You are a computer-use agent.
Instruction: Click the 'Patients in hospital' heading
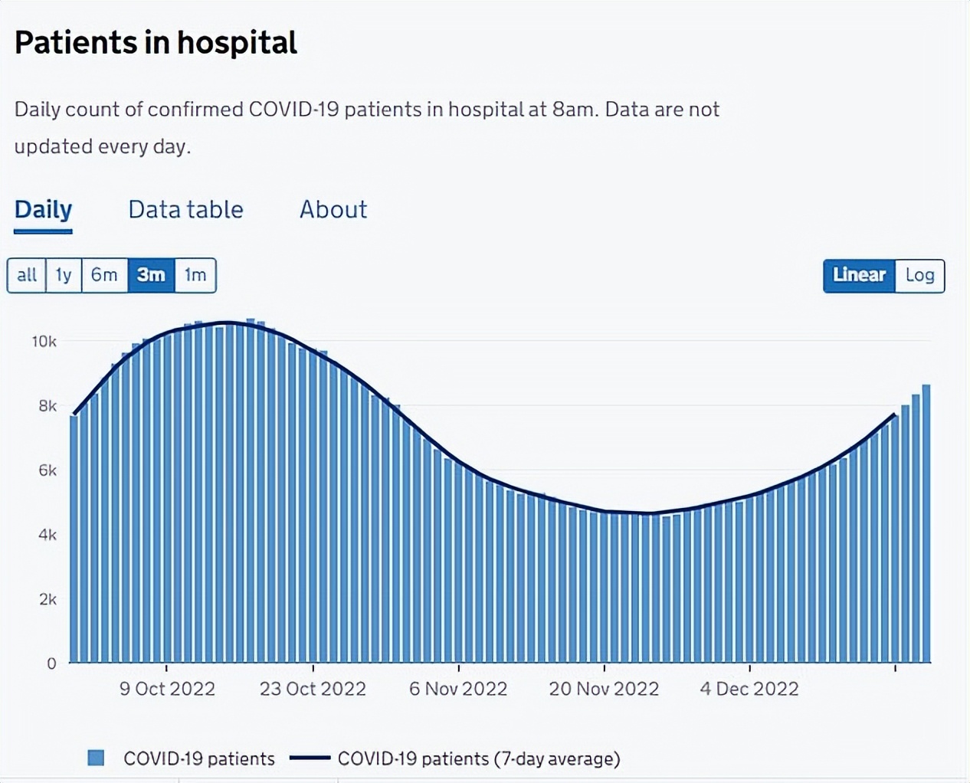(x=156, y=43)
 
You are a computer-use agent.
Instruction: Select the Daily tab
(x=43, y=209)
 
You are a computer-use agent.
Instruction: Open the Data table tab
(x=185, y=209)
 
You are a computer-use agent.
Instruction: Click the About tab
(x=333, y=209)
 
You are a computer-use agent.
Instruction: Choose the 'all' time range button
(x=27, y=275)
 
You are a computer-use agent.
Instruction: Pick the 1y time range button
(x=64, y=275)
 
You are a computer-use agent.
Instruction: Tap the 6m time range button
(x=104, y=275)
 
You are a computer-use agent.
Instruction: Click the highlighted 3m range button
(x=151, y=275)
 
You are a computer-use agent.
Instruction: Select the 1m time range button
(x=195, y=275)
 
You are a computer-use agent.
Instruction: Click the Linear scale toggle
(x=859, y=275)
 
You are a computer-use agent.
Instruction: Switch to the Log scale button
(x=919, y=275)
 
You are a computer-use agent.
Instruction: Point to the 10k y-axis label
(x=44, y=342)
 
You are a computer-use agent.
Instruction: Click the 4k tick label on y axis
(x=48, y=535)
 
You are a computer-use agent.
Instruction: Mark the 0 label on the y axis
(x=51, y=663)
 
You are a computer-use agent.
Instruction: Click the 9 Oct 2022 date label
(x=167, y=689)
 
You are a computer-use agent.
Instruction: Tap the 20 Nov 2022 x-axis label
(x=604, y=689)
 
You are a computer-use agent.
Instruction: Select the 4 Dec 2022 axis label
(x=749, y=689)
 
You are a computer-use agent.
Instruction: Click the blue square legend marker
(x=96, y=758)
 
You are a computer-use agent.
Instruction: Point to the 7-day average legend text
(x=479, y=758)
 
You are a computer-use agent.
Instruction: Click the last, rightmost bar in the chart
(x=926, y=529)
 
